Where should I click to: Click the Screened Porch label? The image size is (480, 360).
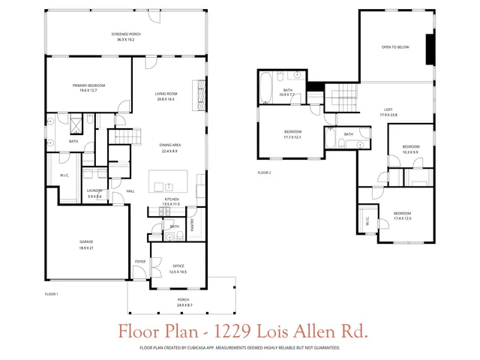[126, 34]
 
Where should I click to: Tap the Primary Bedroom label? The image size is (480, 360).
[88, 85]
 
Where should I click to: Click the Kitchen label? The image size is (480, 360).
[172, 199]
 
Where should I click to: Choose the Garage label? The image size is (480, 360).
[86, 241]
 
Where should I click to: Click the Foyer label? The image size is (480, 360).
[139, 261]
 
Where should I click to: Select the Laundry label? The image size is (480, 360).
[94, 190]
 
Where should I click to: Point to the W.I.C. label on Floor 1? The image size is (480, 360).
[64, 177]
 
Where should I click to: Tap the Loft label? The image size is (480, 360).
[388, 109]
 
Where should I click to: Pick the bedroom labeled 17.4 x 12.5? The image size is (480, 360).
[403, 214]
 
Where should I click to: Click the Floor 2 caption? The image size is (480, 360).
[264, 172]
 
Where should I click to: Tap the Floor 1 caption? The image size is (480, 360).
[52, 293]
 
